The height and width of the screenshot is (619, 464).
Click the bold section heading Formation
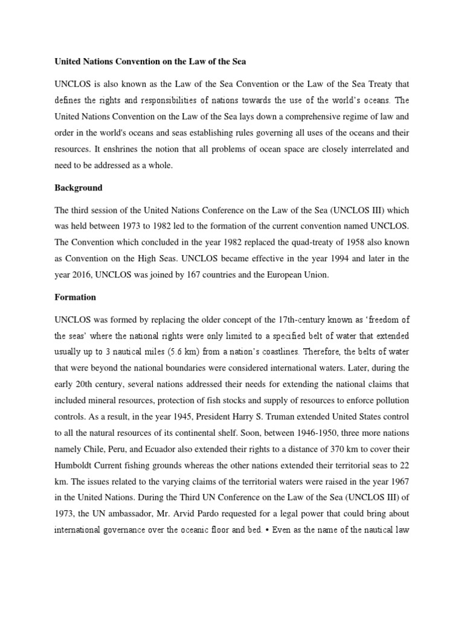75,298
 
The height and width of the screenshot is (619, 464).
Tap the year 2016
89,275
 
